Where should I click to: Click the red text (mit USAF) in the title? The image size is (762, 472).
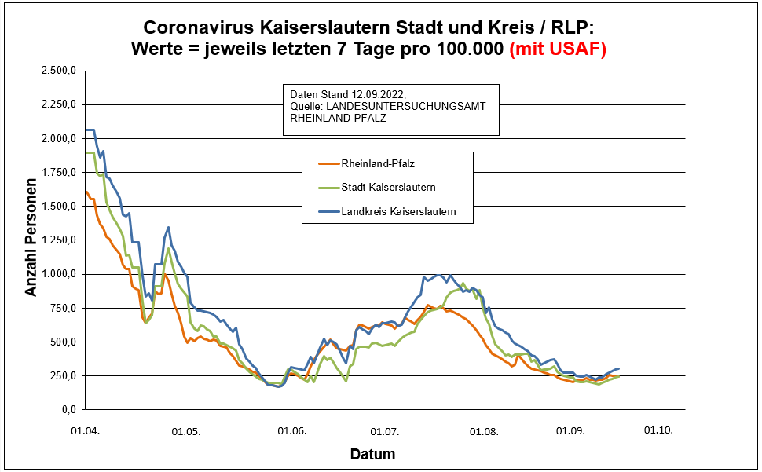click(x=558, y=49)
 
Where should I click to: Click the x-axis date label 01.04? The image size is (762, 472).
click(x=84, y=431)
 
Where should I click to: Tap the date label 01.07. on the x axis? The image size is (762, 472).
click(x=386, y=431)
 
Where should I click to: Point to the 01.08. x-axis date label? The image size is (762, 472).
click(x=484, y=431)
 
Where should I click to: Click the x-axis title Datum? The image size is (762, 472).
click(x=372, y=455)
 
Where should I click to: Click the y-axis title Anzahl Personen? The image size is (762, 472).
click(x=31, y=240)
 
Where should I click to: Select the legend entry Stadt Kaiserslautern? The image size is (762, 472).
click(x=388, y=188)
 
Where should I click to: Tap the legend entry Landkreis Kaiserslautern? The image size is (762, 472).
click(x=398, y=211)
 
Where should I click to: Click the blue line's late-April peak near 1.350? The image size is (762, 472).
click(x=168, y=228)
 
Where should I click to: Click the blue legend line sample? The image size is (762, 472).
click(x=328, y=211)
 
